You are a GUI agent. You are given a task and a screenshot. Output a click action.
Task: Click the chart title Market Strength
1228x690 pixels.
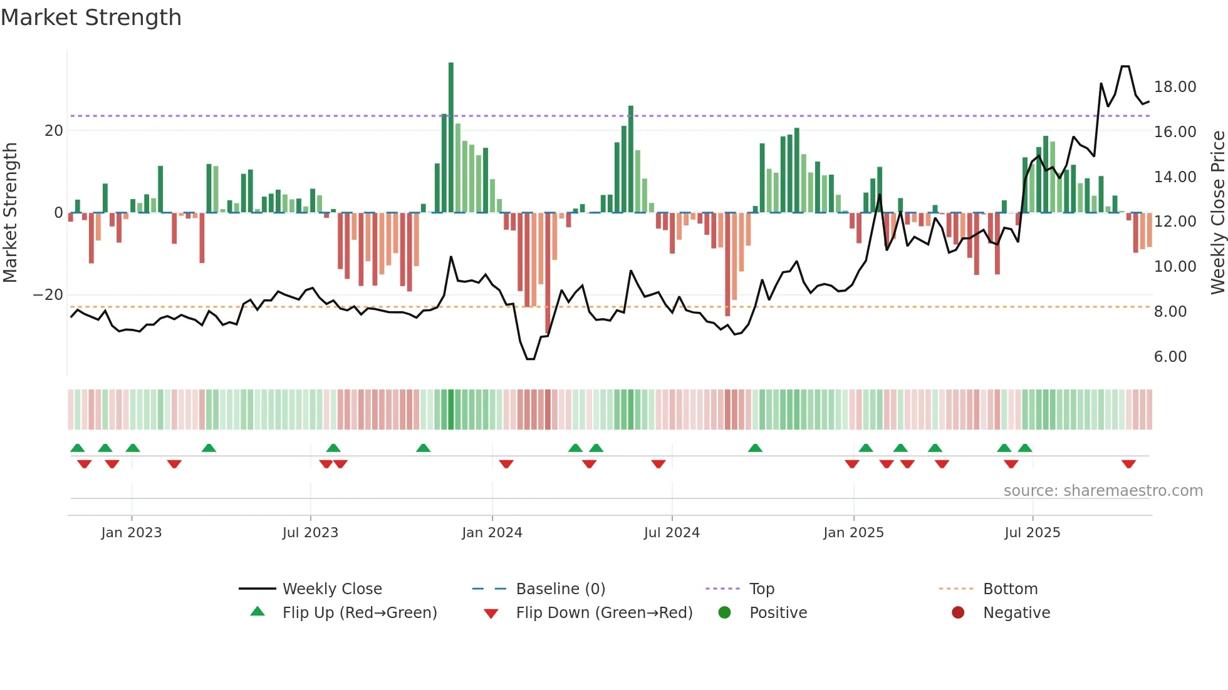tap(91, 18)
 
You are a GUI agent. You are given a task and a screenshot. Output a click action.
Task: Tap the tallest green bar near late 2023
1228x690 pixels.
tap(450, 138)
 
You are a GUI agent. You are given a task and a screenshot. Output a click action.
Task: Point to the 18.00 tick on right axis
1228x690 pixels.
tap(1175, 87)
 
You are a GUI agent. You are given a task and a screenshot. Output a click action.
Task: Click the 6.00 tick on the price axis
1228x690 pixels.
tap(1170, 357)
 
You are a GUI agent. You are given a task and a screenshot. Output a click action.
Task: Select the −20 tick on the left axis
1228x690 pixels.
tap(48, 295)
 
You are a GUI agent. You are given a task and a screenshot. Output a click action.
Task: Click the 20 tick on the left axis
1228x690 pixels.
tap(54, 131)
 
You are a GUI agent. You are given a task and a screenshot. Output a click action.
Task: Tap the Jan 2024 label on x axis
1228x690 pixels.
tap(492, 533)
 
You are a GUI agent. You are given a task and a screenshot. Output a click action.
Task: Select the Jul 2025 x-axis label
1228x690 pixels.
tap(1032, 533)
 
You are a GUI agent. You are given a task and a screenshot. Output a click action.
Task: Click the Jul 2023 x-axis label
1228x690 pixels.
tap(310, 533)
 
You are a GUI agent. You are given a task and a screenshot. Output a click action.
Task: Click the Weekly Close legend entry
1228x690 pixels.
tap(331, 589)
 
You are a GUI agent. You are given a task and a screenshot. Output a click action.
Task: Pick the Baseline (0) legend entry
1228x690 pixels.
tap(560, 589)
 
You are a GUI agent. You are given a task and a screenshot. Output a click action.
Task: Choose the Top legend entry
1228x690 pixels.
tap(762, 589)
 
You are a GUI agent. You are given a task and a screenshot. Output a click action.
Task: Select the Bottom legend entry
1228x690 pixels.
tap(1010, 589)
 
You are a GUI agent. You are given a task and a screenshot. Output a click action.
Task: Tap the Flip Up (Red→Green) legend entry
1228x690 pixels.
tap(359, 613)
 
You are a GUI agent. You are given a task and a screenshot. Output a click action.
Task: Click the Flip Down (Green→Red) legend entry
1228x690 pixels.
tap(604, 613)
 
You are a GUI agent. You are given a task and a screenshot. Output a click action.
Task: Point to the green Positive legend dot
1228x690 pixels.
tap(725, 613)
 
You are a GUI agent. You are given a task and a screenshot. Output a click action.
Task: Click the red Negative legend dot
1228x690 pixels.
tap(958, 613)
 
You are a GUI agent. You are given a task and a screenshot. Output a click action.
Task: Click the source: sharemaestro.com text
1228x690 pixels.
tap(1103, 491)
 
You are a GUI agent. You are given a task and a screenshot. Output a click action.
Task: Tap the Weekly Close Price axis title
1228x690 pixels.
tap(1217, 213)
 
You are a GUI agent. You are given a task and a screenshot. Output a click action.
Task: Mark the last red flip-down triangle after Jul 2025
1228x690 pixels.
tap(1129, 464)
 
